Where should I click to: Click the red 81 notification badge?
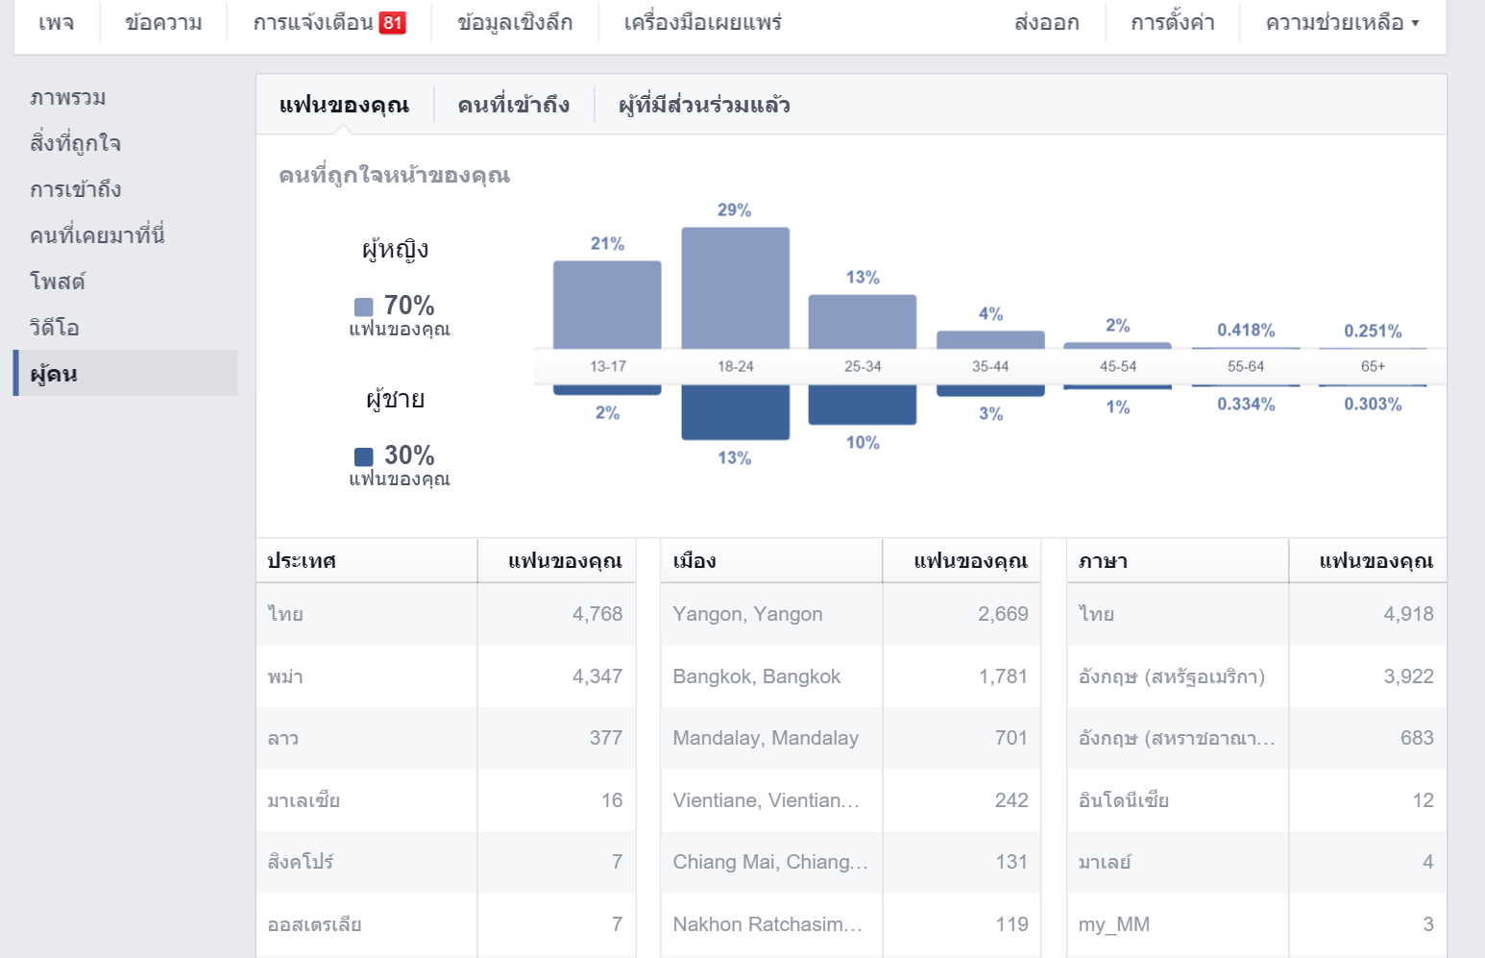393,23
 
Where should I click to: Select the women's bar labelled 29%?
735,287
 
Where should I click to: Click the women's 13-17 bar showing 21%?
607,305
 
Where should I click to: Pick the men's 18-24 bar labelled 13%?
735,411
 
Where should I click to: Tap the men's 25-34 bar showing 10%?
863,405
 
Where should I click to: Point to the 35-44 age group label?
990,367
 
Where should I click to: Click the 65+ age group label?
1373,367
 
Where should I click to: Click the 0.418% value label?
1246,331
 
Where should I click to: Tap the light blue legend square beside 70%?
364,307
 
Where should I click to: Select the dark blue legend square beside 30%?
364,456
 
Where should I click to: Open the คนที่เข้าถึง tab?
513,105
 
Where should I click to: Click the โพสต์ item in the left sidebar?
58,282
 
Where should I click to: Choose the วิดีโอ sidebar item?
55,328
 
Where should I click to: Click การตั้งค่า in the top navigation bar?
1172,23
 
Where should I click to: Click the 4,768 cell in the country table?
597,614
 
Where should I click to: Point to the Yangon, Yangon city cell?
747,614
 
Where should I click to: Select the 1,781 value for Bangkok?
1003,676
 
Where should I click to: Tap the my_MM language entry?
1114,924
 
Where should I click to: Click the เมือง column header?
694,561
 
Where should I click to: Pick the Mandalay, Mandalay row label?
765,738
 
